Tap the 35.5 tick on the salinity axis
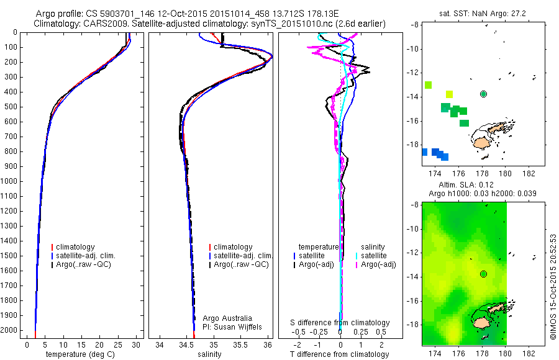(x=241, y=344)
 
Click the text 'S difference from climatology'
(x=340, y=323)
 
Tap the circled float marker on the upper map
(x=483, y=94)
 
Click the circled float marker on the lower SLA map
(x=483, y=274)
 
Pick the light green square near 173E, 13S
(x=428, y=85)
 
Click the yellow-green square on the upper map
(x=450, y=94)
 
